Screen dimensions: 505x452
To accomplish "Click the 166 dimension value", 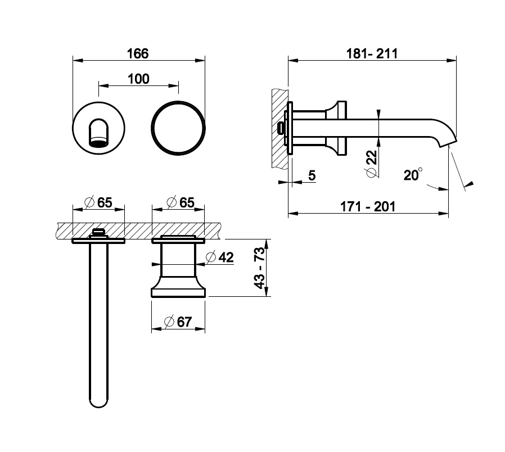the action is pyautogui.click(x=138, y=53).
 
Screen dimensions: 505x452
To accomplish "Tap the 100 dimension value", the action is pyautogui.click(x=138, y=79).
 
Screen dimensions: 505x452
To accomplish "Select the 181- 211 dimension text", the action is pyautogui.click(x=372, y=53).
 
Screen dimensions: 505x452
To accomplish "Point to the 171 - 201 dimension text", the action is pyautogui.click(x=368, y=206).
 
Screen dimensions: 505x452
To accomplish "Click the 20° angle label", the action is pyautogui.click(x=413, y=174).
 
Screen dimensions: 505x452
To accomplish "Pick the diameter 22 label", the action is pyautogui.click(x=371, y=164).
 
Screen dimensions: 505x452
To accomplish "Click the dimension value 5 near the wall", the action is pyautogui.click(x=312, y=175).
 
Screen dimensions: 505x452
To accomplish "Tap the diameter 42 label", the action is pyautogui.click(x=220, y=257).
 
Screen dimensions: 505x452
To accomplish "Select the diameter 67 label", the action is pyautogui.click(x=178, y=322).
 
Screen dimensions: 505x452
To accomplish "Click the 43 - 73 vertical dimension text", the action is pyautogui.click(x=259, y=268).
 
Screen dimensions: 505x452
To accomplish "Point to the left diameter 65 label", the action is pyautogui.click(x=98, y=202).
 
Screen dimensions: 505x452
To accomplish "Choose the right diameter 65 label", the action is pyautogui.click(x=181, y=202).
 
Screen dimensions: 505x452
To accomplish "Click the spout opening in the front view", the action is pyautogui.click(x=98, y=142).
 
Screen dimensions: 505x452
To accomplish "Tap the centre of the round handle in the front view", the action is pyautogui.click(x=178, y=128).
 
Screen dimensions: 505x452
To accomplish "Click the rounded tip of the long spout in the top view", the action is pyautogui.click(x=98, y=403).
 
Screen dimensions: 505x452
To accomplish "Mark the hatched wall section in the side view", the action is pyautogui.click(x=280, y=129).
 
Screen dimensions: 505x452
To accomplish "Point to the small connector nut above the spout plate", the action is pyautogui.click(x=99, y=232).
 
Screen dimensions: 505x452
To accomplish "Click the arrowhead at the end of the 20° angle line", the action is pyautogui.click(x=471, y=184).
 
